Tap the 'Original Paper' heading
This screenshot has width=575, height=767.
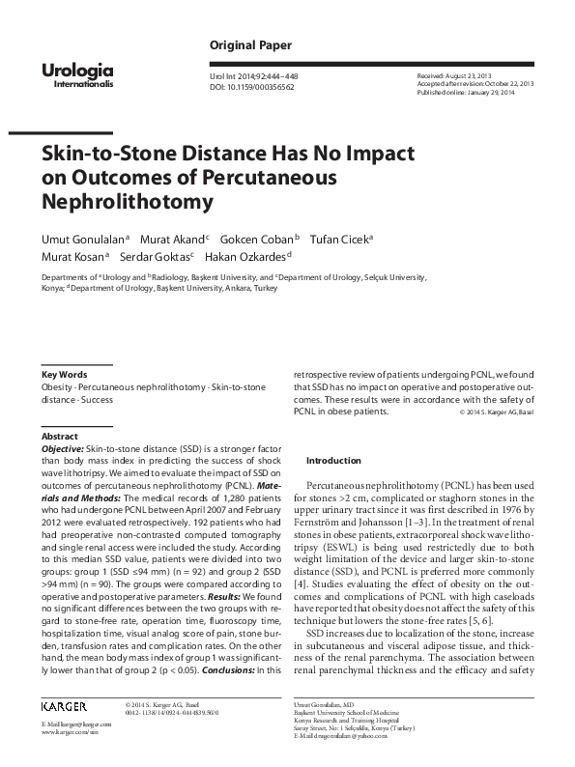[250, 45]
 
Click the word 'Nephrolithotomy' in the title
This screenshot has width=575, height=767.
[126, 202]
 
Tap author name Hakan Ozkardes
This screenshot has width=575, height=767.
[252, 257]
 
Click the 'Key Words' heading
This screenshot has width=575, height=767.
[65, 375]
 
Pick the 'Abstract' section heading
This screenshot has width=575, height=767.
[60, 437]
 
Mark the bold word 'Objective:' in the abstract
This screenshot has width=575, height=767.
[62, 450]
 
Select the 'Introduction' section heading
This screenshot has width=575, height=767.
[333, 461]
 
